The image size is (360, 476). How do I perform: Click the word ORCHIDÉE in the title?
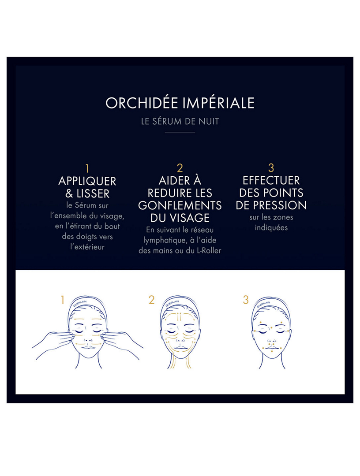pyautogui.click(x=139, y=103)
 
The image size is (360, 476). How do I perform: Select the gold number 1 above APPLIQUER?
pyautogui.click(x=87, y=168)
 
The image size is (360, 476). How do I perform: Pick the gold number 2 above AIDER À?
pyautogui.click(x=180, y=168)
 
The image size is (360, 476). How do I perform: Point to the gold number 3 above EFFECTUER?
pyautogui.click(x=271, y=168)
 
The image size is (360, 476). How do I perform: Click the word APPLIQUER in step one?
pyautogui.click(x=87, y=181)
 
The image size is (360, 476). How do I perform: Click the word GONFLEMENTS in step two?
pyautogui.click(x=180, y=205)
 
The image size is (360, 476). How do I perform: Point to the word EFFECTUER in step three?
pyautogui.click(x=271, y=181)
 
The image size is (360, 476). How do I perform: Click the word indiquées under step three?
pyautogui.click(x=271, y=228)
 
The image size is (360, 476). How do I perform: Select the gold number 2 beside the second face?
pyautogui.click(x=152, y=300)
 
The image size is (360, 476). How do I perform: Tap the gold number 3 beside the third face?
pyautogui.click(x=246, y=300)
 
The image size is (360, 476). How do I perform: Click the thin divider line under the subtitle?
pyautogui.click(x=180, y=132)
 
